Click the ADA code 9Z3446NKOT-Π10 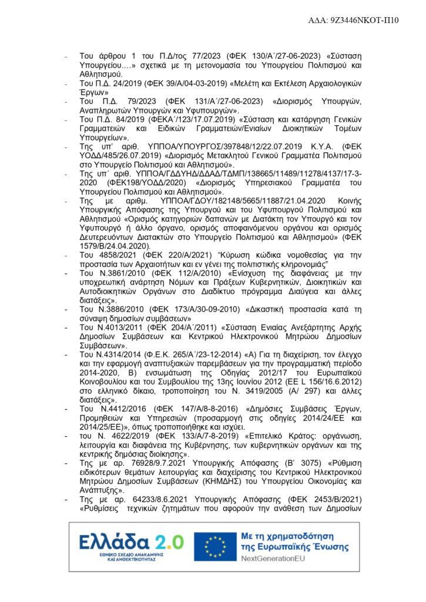(x=363, y=20)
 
